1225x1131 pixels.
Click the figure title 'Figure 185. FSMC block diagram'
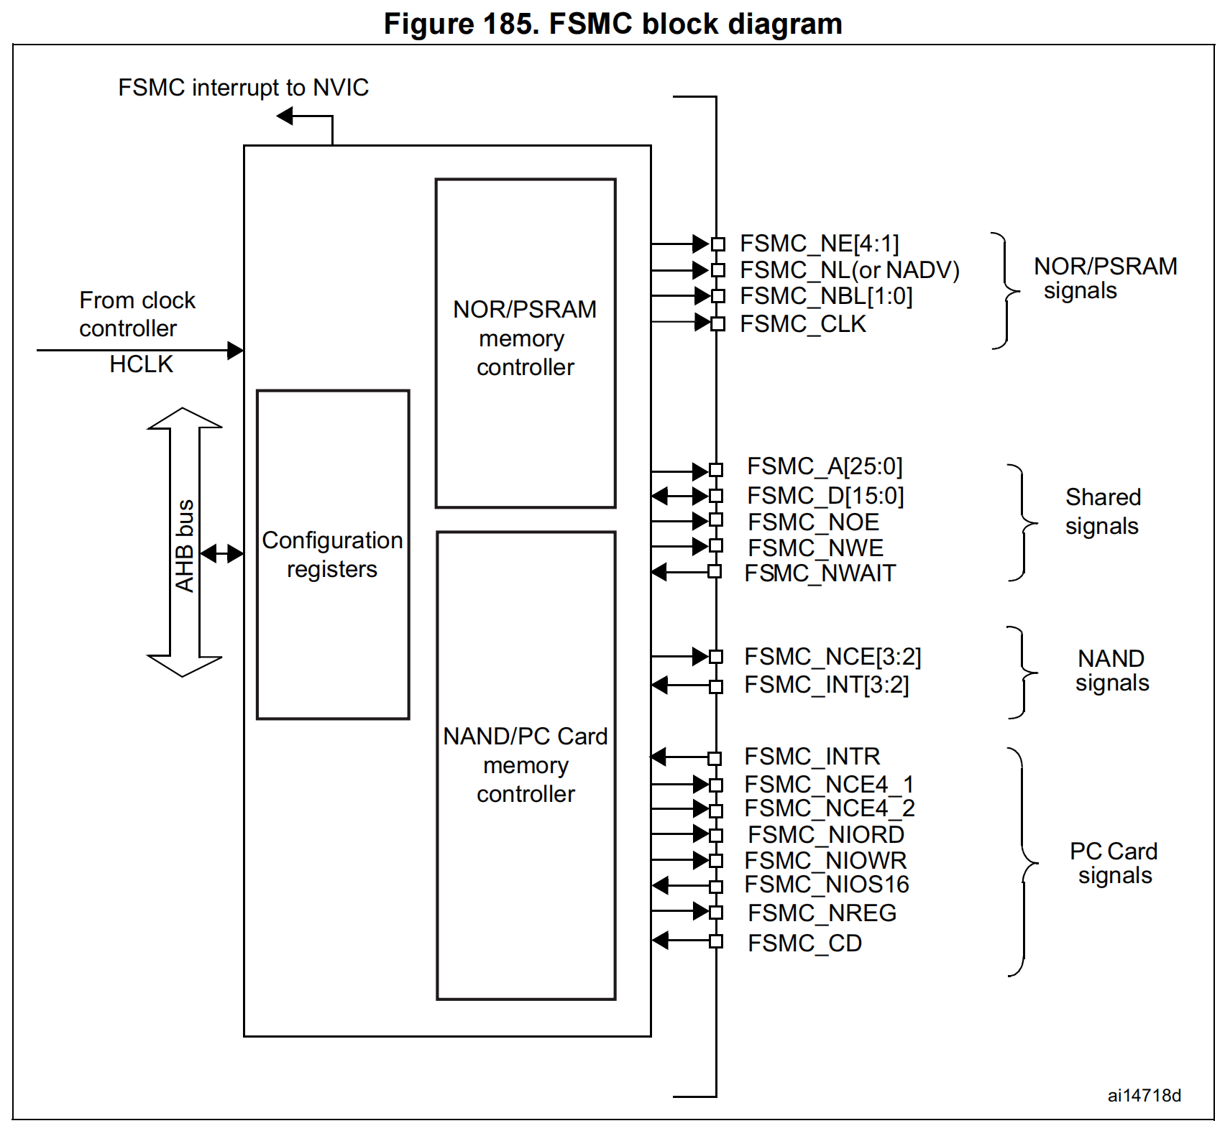coord(612,24)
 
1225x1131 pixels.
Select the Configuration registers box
coord(333,554)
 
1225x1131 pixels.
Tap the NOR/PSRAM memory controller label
coord(525,338)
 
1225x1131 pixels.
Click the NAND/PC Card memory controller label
coord(526,765)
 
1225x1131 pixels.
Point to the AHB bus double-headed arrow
coord(185,543)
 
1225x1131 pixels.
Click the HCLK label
coord(141,364)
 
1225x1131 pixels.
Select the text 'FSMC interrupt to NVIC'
coord(243,88)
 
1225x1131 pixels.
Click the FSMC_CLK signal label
coord(803,324)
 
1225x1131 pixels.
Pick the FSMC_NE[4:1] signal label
coord(820,244)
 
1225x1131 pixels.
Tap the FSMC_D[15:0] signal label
coord(825,496)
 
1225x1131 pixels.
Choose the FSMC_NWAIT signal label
coord(820,573)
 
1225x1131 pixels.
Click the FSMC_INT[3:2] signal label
coord(827,685)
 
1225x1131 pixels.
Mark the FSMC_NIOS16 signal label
coord(827,885)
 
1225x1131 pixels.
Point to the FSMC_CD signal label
coord(804,943)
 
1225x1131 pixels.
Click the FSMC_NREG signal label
coord(822,913)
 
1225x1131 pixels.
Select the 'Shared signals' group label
coord(1102,512)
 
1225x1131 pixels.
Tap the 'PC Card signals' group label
coord(1114,863)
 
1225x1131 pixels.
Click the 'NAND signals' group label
coord(1111,670)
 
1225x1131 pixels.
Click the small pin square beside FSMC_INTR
coord(715,758)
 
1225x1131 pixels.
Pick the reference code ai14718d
coord(1144,1095)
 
